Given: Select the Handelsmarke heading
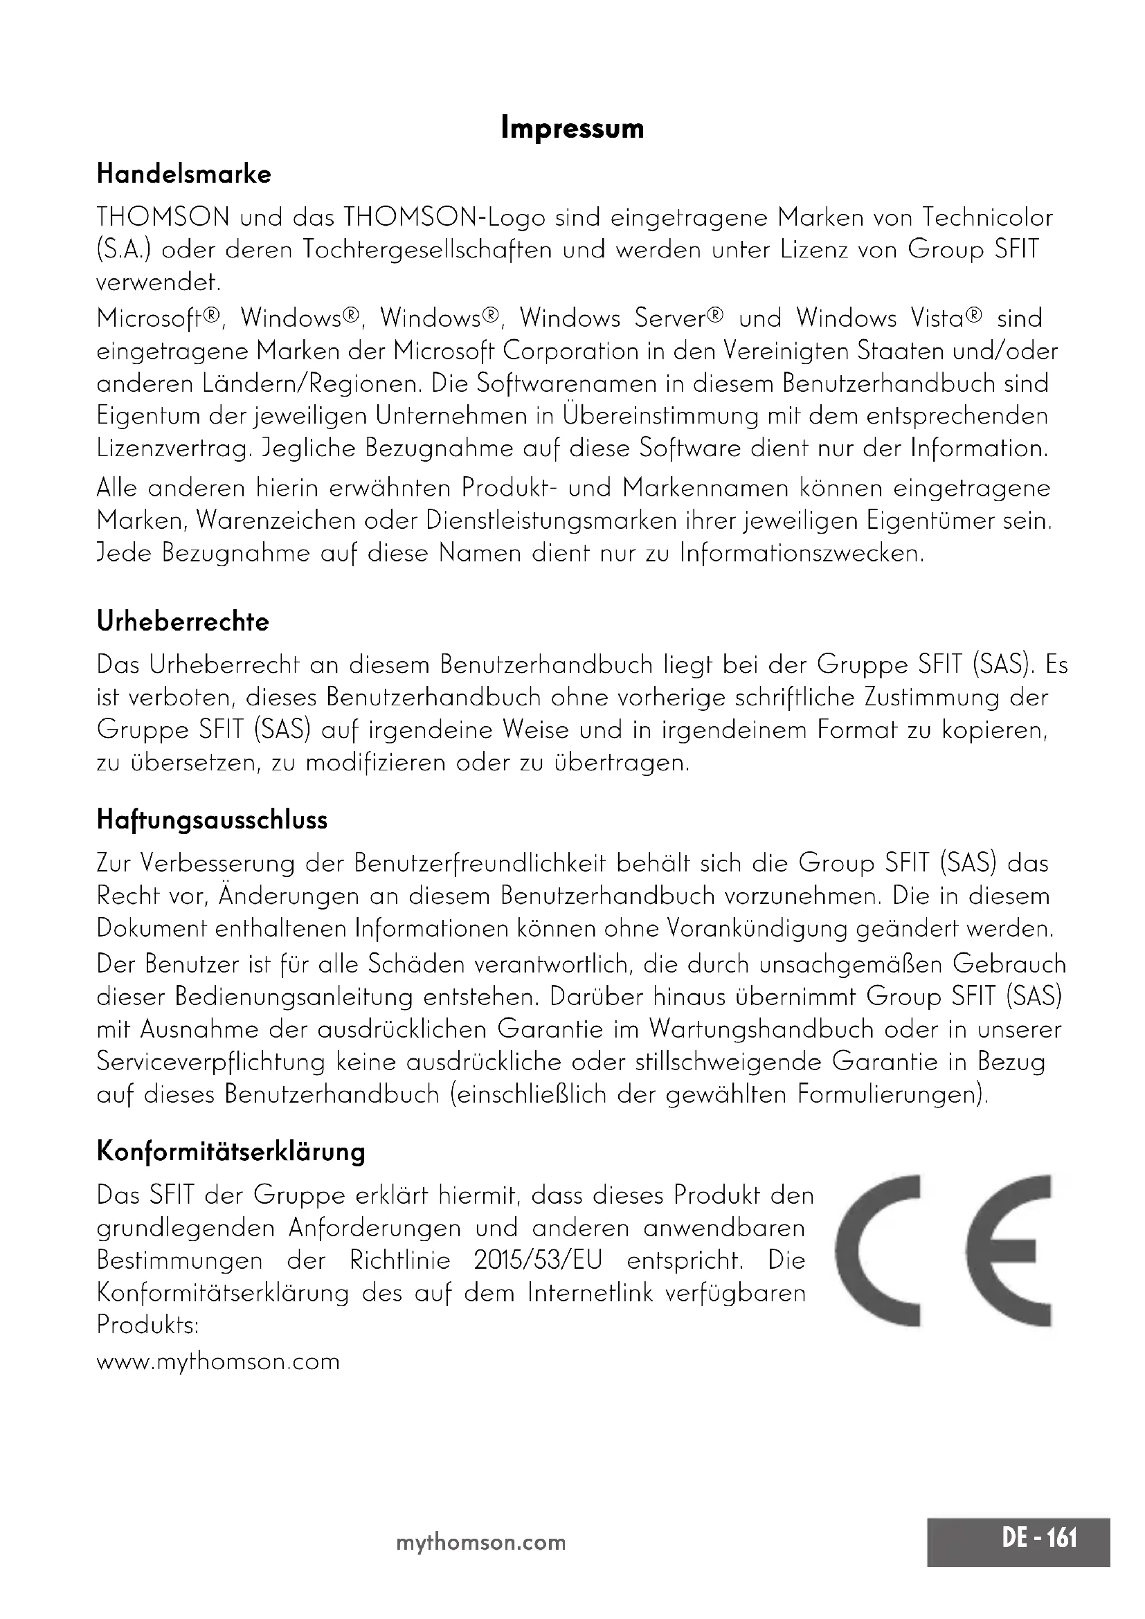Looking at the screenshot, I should (184, 174).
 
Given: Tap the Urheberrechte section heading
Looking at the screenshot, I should (183, 621).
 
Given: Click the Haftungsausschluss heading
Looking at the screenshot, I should (213, 820).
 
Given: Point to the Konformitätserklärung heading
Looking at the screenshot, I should (231, 1152).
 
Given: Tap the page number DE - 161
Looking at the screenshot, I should (1040, 1537).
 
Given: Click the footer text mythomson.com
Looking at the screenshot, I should (481, 1542).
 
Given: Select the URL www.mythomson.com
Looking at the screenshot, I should (218, 1361).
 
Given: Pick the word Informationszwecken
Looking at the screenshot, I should (801, 553).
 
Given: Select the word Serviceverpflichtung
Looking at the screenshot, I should (211, 1062).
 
